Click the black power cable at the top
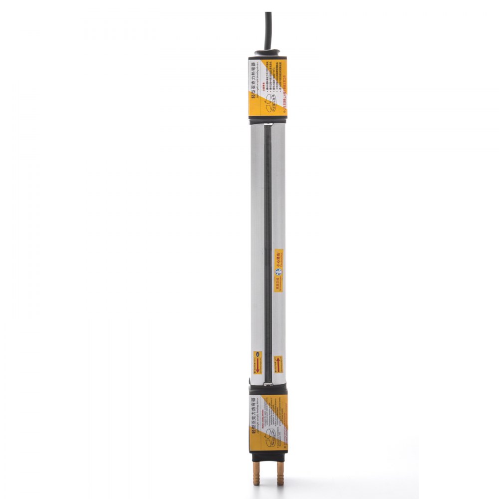click(268, 27)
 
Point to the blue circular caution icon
click(278, 271)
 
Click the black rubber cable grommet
click(268, 52)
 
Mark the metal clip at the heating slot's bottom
click(268, 383)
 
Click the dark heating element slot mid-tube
click(268, 225)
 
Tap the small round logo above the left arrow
click(258, 355)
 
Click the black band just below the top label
click(268, 120)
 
